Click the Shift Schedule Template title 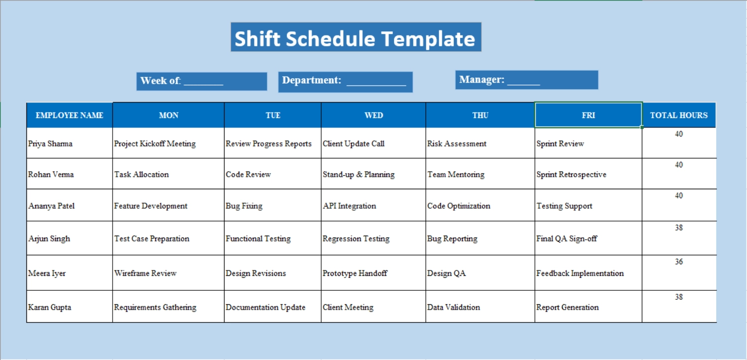coord(356,37)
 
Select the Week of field coord(202,81)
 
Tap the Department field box coord(345,82)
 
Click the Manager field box coord(526,80)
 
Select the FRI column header coord(588,115)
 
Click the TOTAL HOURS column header coord(679,115)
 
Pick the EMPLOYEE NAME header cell coord(69,115)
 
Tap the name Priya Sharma coord(50,144)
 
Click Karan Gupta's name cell coord(50,307)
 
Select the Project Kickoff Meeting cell coord(155,144)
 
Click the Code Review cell coord(249,174)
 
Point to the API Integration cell coord(349,206)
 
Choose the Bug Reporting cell coord(452,239)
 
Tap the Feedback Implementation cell coord(580,273)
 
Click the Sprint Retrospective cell coord(571,174)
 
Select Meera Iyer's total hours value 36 coord(679,262)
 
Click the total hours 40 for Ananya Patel coord(679,196)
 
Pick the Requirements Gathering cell coord(155,307)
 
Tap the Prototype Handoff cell coord(355,273)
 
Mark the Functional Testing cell coord(258,239)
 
